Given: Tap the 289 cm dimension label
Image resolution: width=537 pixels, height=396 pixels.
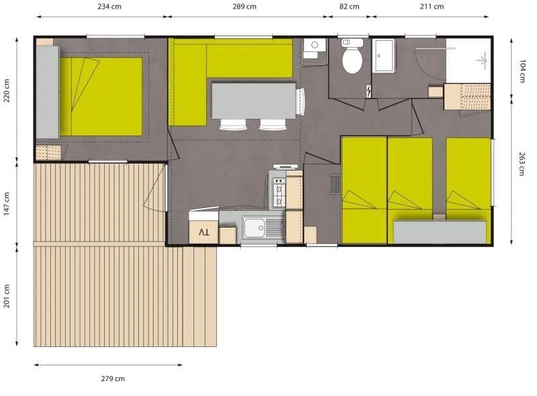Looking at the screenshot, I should pyautogui.click(x=244, y=7).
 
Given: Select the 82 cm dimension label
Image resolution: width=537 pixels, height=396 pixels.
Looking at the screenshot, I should pyautogui.click(x=349, y=7).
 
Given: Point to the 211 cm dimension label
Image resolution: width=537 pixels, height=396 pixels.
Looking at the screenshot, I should pyautogui.click(x=432, y=7).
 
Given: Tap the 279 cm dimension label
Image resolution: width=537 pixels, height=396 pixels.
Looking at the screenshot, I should pyautogui.click(x=112, y=379).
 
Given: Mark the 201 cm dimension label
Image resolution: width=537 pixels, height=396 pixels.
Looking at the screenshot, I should pyautogui.click(x=7, y=295).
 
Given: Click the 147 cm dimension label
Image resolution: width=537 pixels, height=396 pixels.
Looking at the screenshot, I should pyautogui.click(x=7, y=203).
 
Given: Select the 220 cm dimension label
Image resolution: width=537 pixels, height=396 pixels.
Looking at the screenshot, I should pyautogui.click(x=7, y=91).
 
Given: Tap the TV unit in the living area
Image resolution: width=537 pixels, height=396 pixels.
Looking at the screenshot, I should pyautogui.click(x=204, y=232).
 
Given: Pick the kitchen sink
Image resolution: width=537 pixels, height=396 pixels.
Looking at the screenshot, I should pyautogui.click(x=256, y=229).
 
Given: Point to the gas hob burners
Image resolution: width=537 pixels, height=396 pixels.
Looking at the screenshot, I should pyautogui.click(x=278, y=191).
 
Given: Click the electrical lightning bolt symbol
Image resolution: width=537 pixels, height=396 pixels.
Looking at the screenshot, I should pyautogui.click(x=369, y=91).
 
